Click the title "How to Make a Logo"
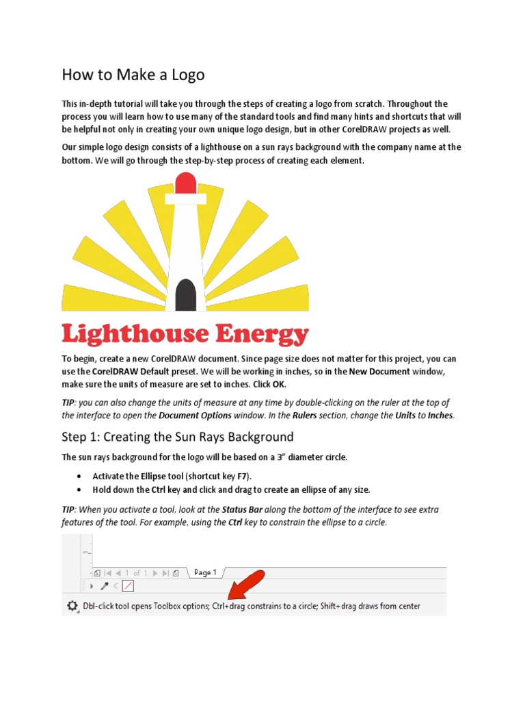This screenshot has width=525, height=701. [133, 75]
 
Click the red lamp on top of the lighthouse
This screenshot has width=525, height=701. [185, 183]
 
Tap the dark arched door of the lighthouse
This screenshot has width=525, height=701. [186, 295]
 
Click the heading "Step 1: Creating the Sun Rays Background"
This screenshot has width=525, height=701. [177, 437]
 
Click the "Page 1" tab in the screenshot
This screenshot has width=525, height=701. [205, 572]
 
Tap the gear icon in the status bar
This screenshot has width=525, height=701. [72, 606]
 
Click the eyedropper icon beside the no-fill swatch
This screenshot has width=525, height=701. [105, 586]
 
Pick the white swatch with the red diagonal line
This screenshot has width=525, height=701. [128, 586]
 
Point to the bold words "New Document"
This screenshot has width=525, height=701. [379, 372]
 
